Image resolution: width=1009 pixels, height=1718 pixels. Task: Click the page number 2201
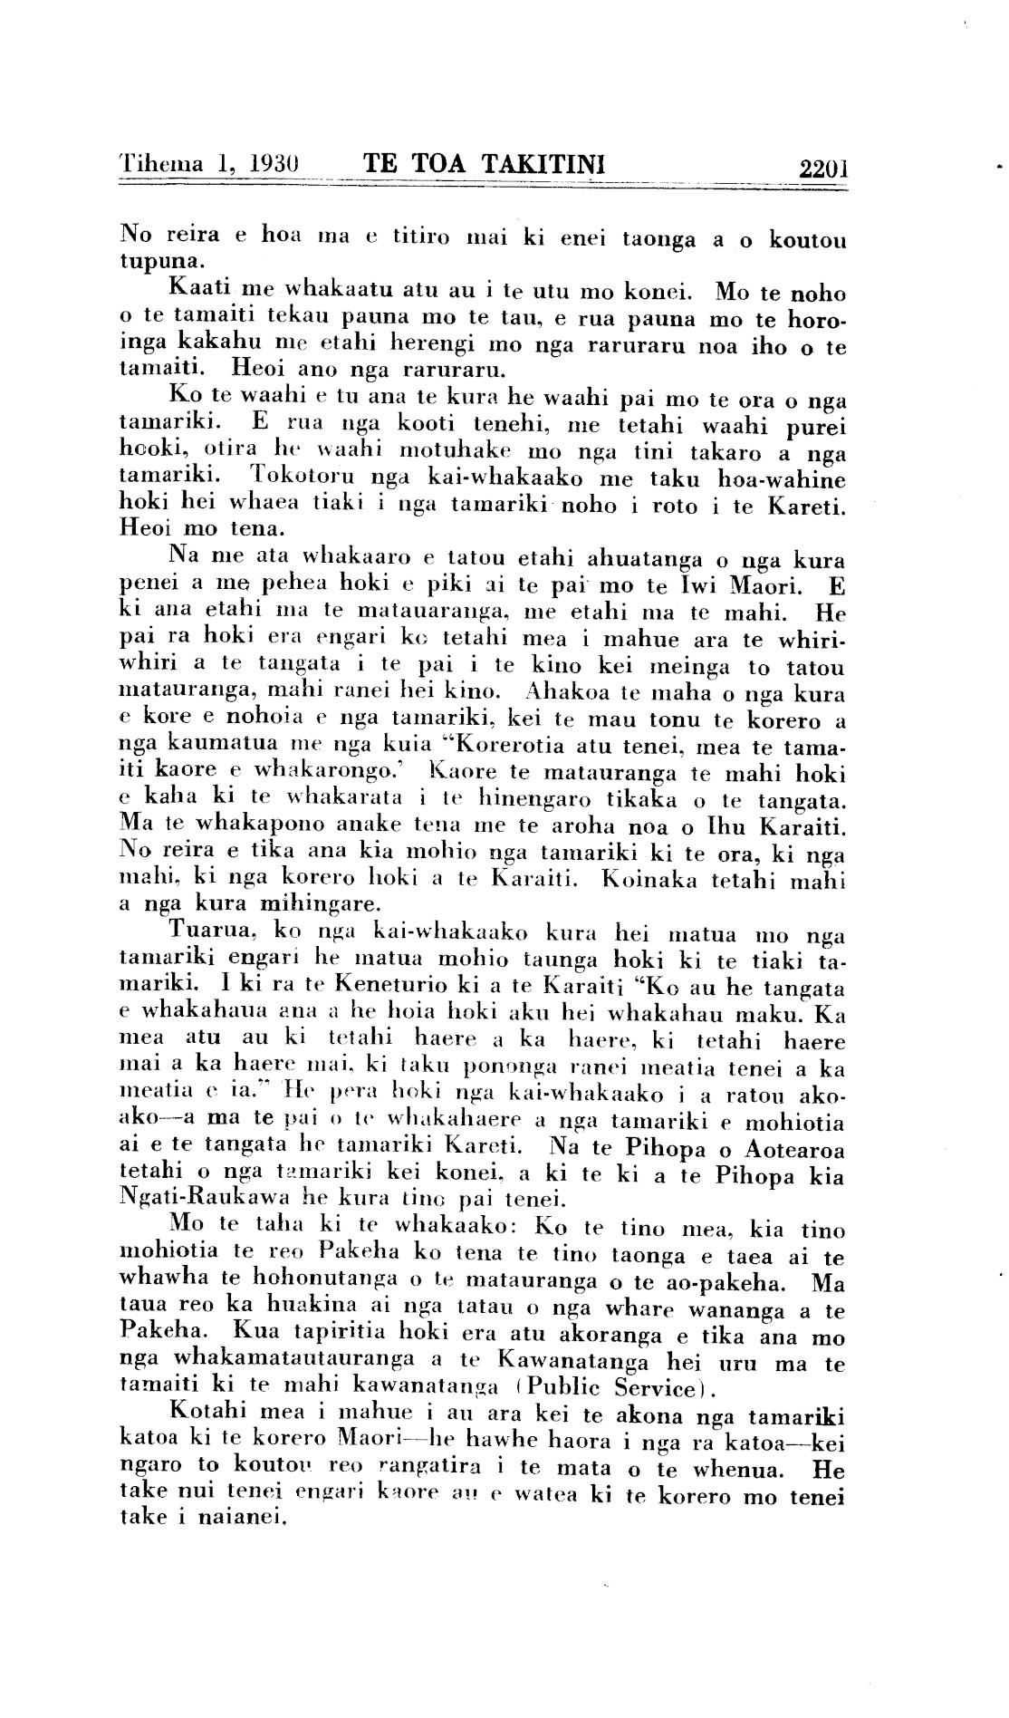click(x=822, y=167)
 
